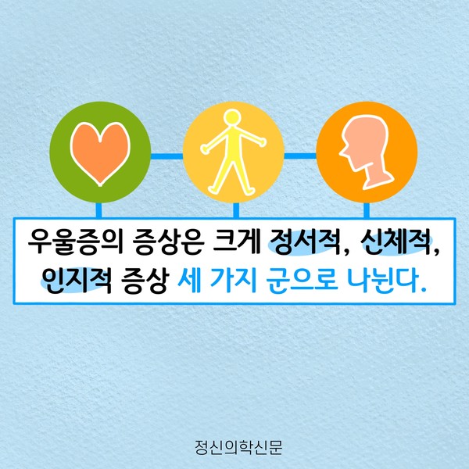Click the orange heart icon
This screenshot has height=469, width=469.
tap(100, 153)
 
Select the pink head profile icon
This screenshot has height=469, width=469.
tap(367, 152)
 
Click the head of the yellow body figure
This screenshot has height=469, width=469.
tap(232, 116)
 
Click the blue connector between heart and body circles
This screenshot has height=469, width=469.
tap(166, 156)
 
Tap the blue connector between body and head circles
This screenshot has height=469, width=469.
tap(300, 156)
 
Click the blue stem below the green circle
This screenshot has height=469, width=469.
tap(98, 210)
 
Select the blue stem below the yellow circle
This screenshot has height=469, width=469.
tap(236, 210)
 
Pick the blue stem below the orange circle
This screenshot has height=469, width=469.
tap(367, 210)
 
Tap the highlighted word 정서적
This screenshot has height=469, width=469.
tap(305, 242)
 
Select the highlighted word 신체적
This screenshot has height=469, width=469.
tap(397, 242)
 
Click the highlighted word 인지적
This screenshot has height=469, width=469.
tap(77, 280)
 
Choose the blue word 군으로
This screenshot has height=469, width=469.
tap(303, 281)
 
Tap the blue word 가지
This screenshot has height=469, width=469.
tap(234, 281)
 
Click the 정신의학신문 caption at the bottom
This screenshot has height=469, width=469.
tap(238, 447)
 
